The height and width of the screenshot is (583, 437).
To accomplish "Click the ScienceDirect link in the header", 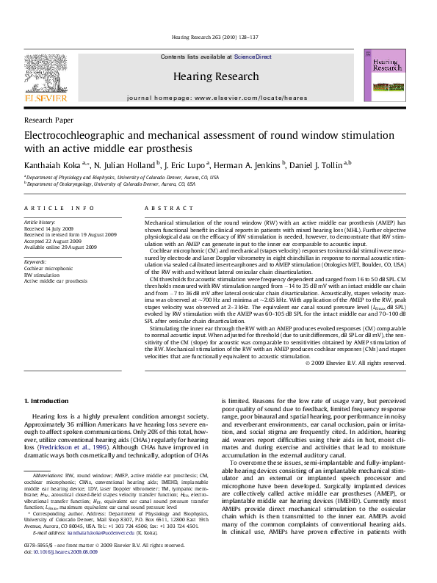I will pyautogui.click(x=253, y=57).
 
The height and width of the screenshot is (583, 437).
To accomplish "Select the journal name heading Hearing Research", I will pyautogui.click(x=216, y=76).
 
